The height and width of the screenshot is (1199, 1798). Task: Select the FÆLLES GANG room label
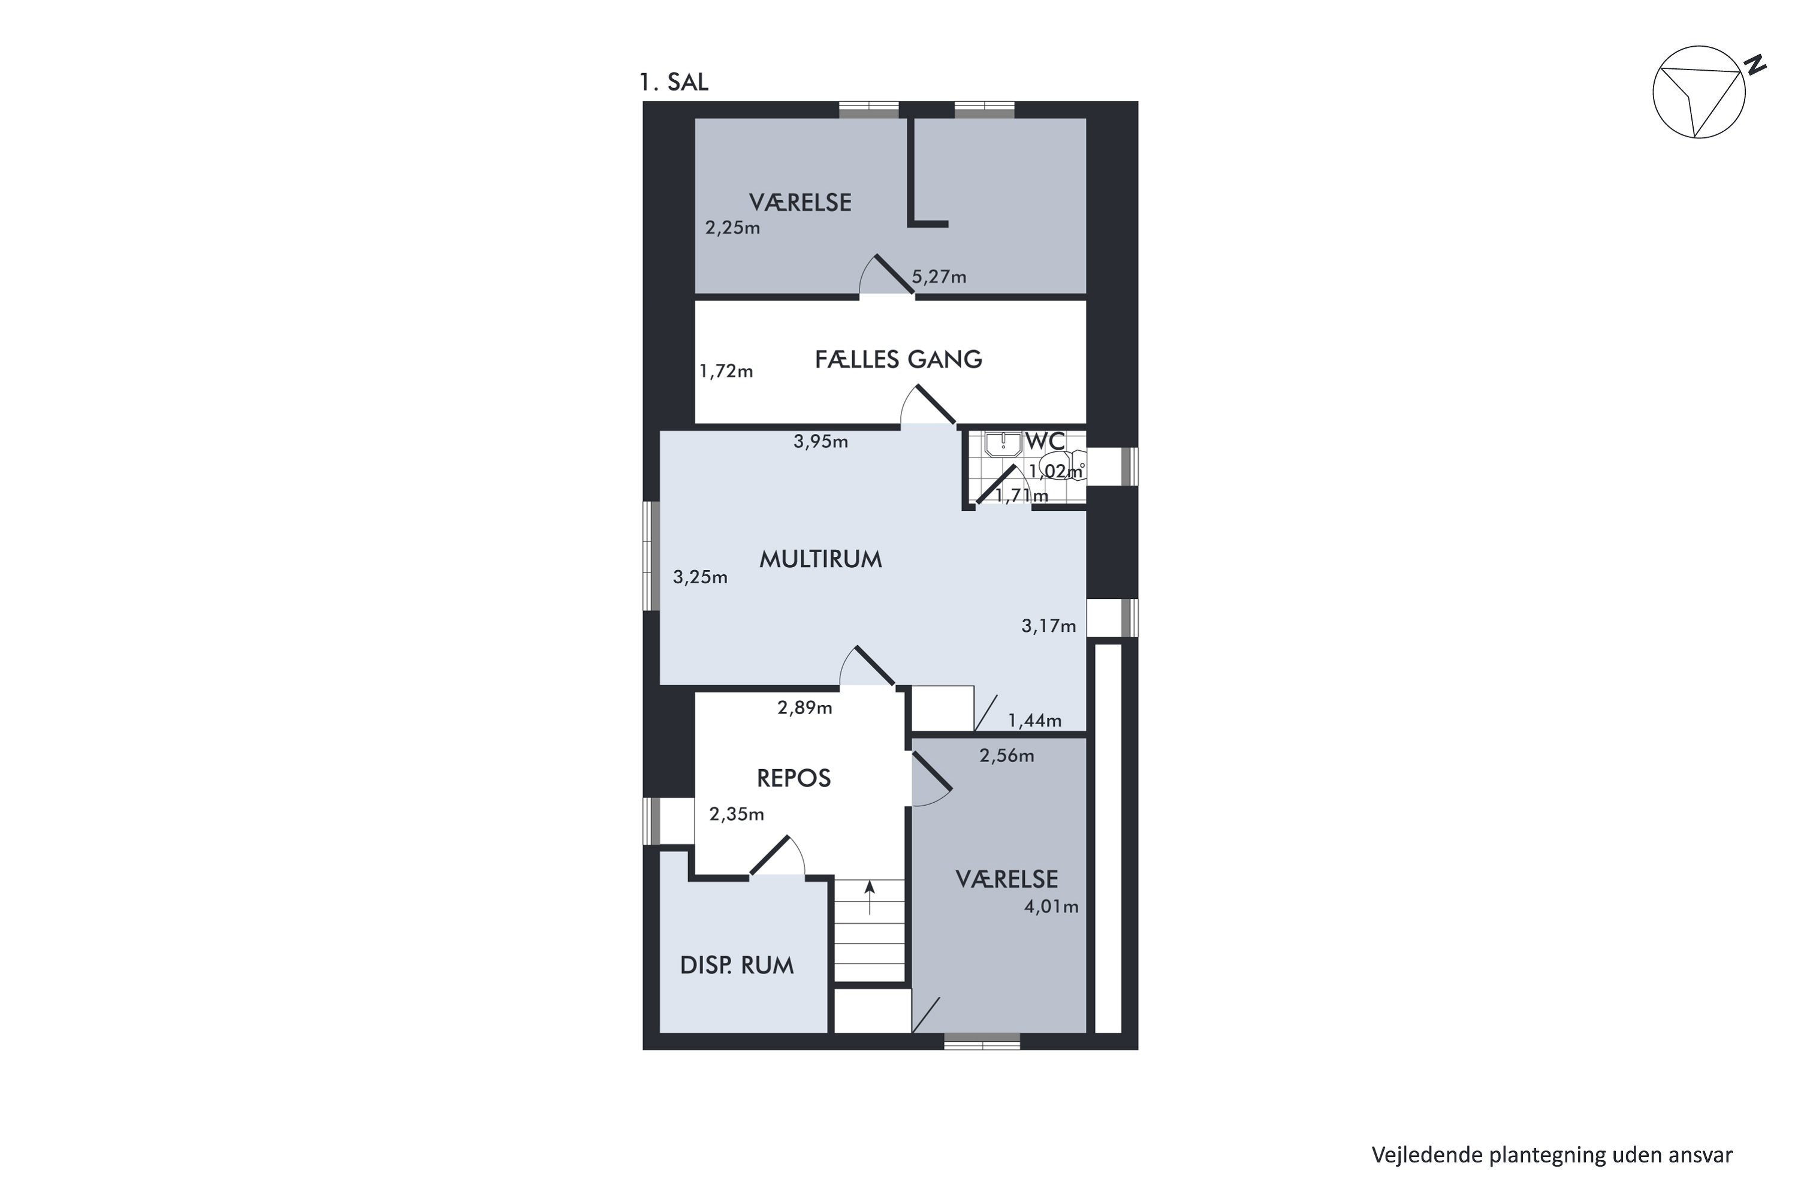click(898, 359)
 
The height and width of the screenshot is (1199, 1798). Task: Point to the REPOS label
click(794, 778)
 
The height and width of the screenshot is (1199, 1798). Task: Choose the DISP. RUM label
click(737, 966)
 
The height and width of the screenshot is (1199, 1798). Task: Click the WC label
click(1045, 441)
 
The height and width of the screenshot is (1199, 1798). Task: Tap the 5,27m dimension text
click(939, 277)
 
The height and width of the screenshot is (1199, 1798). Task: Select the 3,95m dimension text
click(820, 442)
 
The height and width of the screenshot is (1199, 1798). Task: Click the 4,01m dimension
click(1051, 907)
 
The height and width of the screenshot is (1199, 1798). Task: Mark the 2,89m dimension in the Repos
click(804, 708)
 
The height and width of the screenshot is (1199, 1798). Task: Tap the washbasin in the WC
click(1003, 444)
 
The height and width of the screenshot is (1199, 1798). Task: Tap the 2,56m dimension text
click(1006, 756)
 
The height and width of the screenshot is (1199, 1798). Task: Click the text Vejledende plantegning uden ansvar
click(1551, 1155)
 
